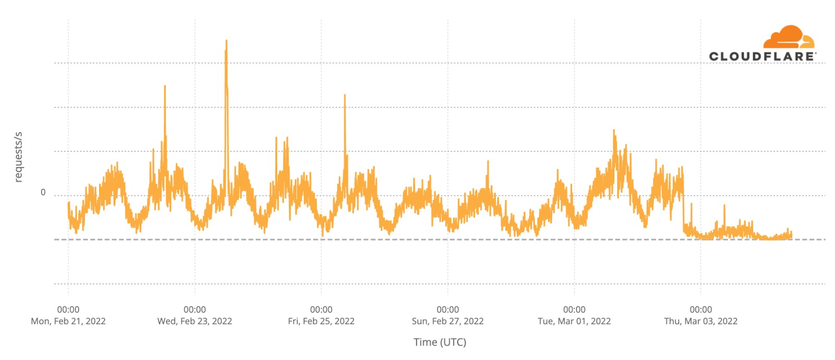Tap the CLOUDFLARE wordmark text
coord(762,56)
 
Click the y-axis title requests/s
coord(19,157)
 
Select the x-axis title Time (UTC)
coord(440,342)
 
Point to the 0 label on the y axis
coord(43,193)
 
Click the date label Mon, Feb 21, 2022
coord(68,321)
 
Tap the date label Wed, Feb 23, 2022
coord(195,321)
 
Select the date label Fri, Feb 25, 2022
coord(321,321)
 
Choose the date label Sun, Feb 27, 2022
coord(448,321)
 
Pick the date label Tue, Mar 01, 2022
coord(574,321)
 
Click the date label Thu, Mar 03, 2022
coord(700,321)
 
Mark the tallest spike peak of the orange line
coord(226,41)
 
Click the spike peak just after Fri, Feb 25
coord(344,95)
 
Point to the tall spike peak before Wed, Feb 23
coord(165,87)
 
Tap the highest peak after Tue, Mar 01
coord(614,130)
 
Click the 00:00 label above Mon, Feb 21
coord(68,310)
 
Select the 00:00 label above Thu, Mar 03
coord(700,310)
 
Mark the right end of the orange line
coord(792,236)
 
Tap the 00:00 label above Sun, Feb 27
coord(448,310)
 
